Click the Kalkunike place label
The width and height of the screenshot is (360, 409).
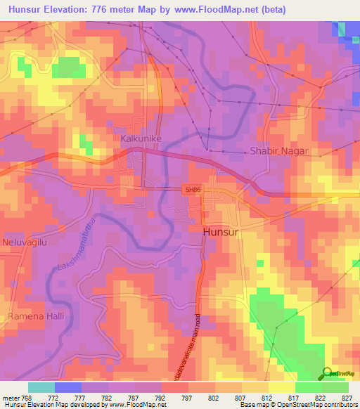pyautogui.click(x=142, y=139)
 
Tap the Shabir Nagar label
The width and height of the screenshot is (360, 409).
pyautogui.click(x=280, y=151)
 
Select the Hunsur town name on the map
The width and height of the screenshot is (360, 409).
pyautogui.click(x=221, y=232)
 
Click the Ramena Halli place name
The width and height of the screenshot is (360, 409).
pyautogui.click(x=36, y=316)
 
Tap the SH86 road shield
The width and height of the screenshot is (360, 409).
pyautogui.click(x=191, y=190)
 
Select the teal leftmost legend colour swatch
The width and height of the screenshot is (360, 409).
pyautogui.click(x=41, y=387)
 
